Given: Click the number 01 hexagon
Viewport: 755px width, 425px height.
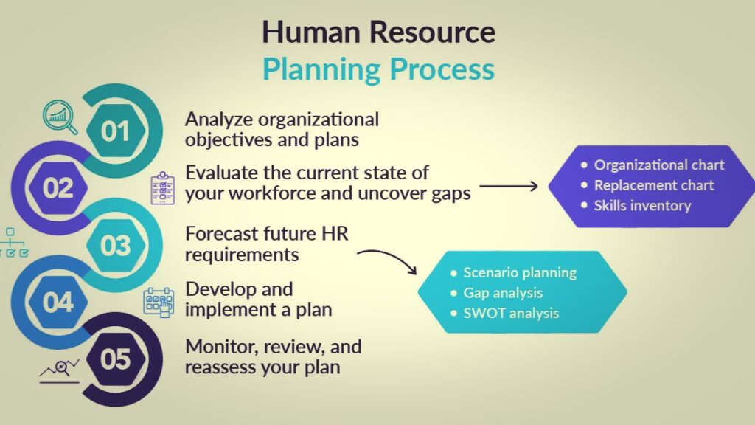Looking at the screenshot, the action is (x=116, y=131).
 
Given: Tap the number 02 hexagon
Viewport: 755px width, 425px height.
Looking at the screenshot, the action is (x=58, y=188).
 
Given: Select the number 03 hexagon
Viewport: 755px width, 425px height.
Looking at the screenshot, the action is (x=116, y=245).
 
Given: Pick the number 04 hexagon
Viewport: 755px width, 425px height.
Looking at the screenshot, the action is (x=58, y=302).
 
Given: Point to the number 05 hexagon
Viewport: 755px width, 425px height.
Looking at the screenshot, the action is (x=116, y=359).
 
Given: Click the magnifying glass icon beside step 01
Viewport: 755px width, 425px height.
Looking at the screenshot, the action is (x=60, y=117).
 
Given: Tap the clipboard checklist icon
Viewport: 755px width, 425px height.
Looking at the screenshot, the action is (x=163, y=188).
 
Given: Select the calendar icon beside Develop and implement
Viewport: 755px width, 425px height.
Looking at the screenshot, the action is (x=159, y=303).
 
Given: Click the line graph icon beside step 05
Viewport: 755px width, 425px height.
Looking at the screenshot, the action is (x=60, y=371).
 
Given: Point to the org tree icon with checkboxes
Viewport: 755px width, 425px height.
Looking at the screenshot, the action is (x=13, y=243).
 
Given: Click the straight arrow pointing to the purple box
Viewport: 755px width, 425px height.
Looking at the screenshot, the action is (x=509, y=186).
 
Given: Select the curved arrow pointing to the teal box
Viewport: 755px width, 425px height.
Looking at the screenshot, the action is (x=389, y=258).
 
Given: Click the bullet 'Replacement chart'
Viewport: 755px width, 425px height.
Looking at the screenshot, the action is (x=647, y=185).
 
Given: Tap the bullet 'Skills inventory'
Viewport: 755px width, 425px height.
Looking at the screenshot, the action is (x=636, y=206).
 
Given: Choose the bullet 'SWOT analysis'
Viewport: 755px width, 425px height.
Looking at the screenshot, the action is (x=504, y=313).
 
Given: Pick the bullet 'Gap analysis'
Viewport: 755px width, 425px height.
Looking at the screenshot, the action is (x=496, y=293).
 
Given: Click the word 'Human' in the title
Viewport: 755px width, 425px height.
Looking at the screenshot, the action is (x=311, y=32).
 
